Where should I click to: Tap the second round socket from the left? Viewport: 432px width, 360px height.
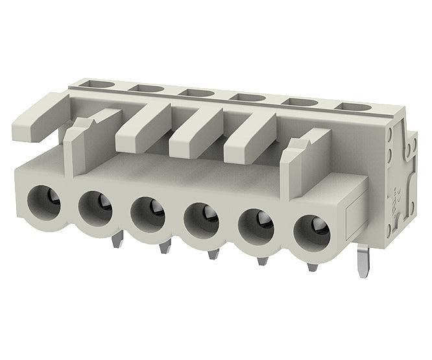(95, 207)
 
